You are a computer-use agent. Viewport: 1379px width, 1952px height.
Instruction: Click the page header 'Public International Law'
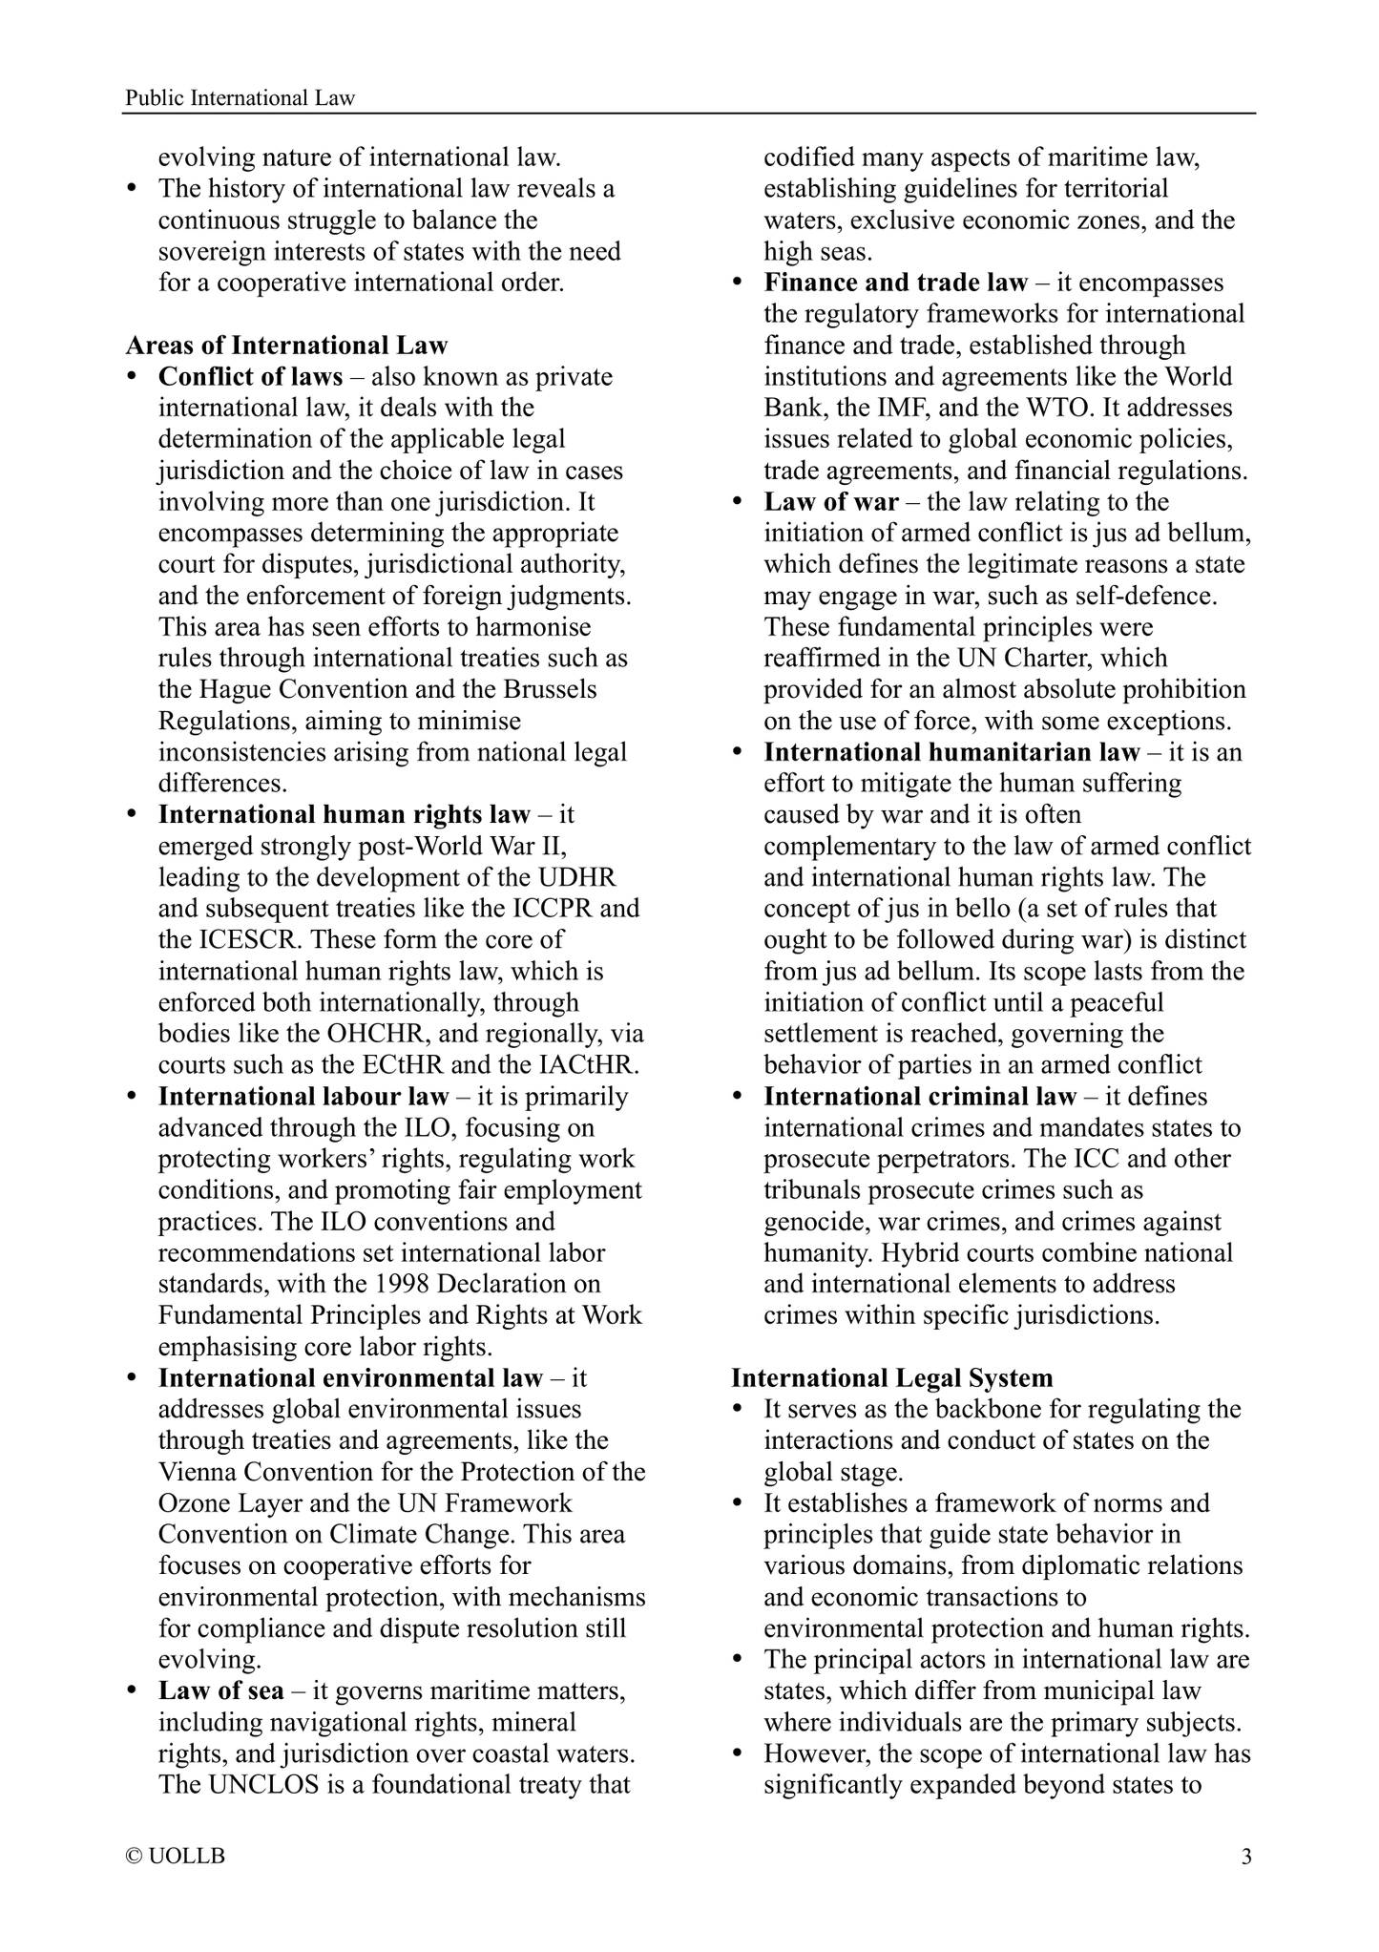coord(240,97)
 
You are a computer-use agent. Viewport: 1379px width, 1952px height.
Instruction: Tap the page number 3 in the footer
coord(1245,1857)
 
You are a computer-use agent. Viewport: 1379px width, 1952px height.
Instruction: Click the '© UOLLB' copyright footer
coord(176,1857)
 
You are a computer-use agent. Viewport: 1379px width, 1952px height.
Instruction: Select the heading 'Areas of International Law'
coord(286,346)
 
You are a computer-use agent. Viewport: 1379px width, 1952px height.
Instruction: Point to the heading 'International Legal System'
coord(892,1377)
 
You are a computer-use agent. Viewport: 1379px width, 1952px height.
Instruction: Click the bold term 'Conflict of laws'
coord(250,377)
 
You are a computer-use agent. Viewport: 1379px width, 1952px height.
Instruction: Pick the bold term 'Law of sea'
coord(220,1690)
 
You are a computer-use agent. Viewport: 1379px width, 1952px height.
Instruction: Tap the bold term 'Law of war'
coord(831,502)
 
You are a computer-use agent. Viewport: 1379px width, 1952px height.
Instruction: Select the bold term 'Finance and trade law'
coord(896,283)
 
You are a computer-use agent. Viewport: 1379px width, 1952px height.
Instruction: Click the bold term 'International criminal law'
coord(920,1097)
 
